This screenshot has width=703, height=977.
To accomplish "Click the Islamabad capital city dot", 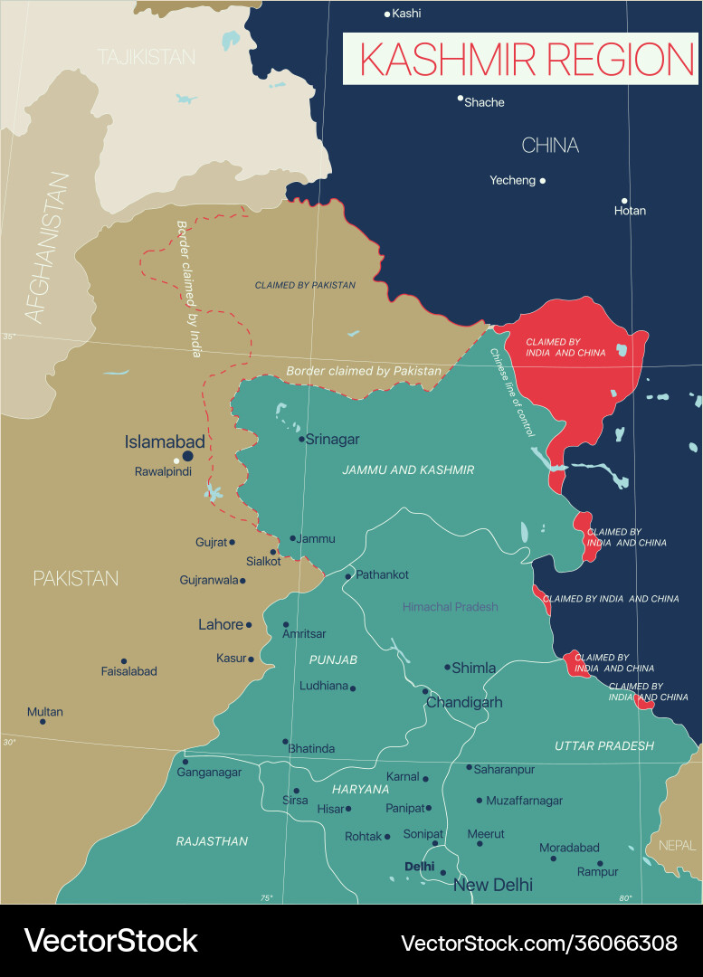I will click(x=188, y=457).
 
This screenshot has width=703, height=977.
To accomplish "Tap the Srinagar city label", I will click(x=333, y=440).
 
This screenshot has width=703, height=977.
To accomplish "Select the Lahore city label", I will click(x=221, y=624).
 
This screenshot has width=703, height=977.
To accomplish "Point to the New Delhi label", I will click(x=492, y=885).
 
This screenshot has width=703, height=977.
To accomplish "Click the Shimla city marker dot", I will click(x=447, y=667).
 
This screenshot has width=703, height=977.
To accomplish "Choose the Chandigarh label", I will click(x=464, y=702).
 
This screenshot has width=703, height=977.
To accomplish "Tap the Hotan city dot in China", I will click(x=624, y=201).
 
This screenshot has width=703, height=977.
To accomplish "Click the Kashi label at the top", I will click(x=406, y=14).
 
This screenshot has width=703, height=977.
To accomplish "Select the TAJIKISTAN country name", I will click(x=147, y=57).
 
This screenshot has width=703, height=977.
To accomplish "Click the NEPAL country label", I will click(x=678, y=845).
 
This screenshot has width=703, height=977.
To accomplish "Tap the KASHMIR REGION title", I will click(x=527, y=59).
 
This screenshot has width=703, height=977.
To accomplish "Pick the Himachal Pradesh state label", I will click(x=450, y=607).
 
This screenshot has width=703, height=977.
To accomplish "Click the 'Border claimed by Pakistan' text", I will click(x=364, y=371).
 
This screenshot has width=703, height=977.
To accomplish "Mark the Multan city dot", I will click(x=43, y=721).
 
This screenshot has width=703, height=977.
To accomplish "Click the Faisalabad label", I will click(x=128, y=671).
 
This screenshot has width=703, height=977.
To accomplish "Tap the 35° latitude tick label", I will click(x=9, y=337).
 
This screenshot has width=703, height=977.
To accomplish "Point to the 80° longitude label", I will click(x=625, y=897).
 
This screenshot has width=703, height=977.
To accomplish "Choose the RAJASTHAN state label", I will click(x=212, y=841).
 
